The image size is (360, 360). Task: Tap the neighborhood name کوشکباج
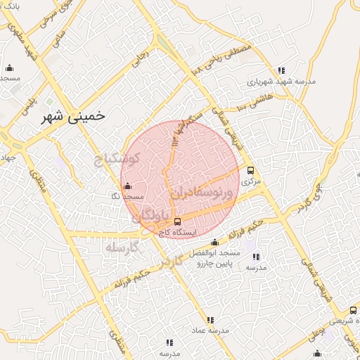pyautogui.click(x=118, y=158)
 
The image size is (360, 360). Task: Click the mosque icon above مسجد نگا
pyautogui.click(x=127, y=186)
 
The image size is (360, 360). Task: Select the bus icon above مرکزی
pyautogui.click(x=251, y=170)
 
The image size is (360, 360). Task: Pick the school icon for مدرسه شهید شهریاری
pyautogui.click(x=281, y=70)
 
